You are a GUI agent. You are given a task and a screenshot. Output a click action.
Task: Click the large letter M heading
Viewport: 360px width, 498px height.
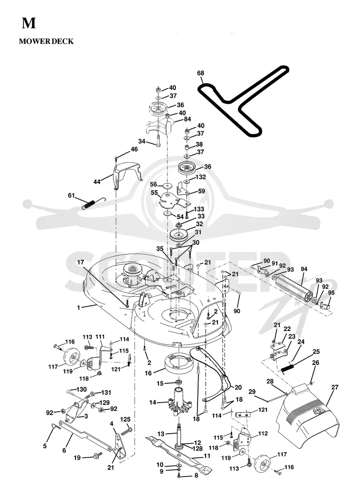(x=29, y=23)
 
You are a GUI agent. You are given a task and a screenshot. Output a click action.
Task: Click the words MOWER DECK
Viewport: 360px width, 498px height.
(x=46, y=41)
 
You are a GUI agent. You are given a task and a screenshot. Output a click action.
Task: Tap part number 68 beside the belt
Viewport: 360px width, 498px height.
(x=201, y=73)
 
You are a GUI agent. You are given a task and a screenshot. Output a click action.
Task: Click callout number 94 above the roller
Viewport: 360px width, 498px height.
(x=304, y=269)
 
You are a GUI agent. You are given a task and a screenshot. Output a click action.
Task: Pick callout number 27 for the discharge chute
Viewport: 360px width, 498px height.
(x=335, y=387)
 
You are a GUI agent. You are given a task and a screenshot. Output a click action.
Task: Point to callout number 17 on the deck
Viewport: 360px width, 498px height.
(x=81, y=262)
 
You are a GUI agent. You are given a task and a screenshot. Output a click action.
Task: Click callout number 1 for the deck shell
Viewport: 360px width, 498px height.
(x=78, y=307)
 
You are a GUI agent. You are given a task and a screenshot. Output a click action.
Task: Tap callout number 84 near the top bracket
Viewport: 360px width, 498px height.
(x=188, y=119)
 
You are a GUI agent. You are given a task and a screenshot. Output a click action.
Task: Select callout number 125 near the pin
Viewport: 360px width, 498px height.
(x=126, y=419)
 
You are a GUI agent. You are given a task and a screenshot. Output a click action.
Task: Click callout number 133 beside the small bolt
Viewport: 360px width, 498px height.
(x=199, y=209)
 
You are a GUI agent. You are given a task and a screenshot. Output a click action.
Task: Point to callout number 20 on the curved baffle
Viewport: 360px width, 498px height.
(x=238, y=387)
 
